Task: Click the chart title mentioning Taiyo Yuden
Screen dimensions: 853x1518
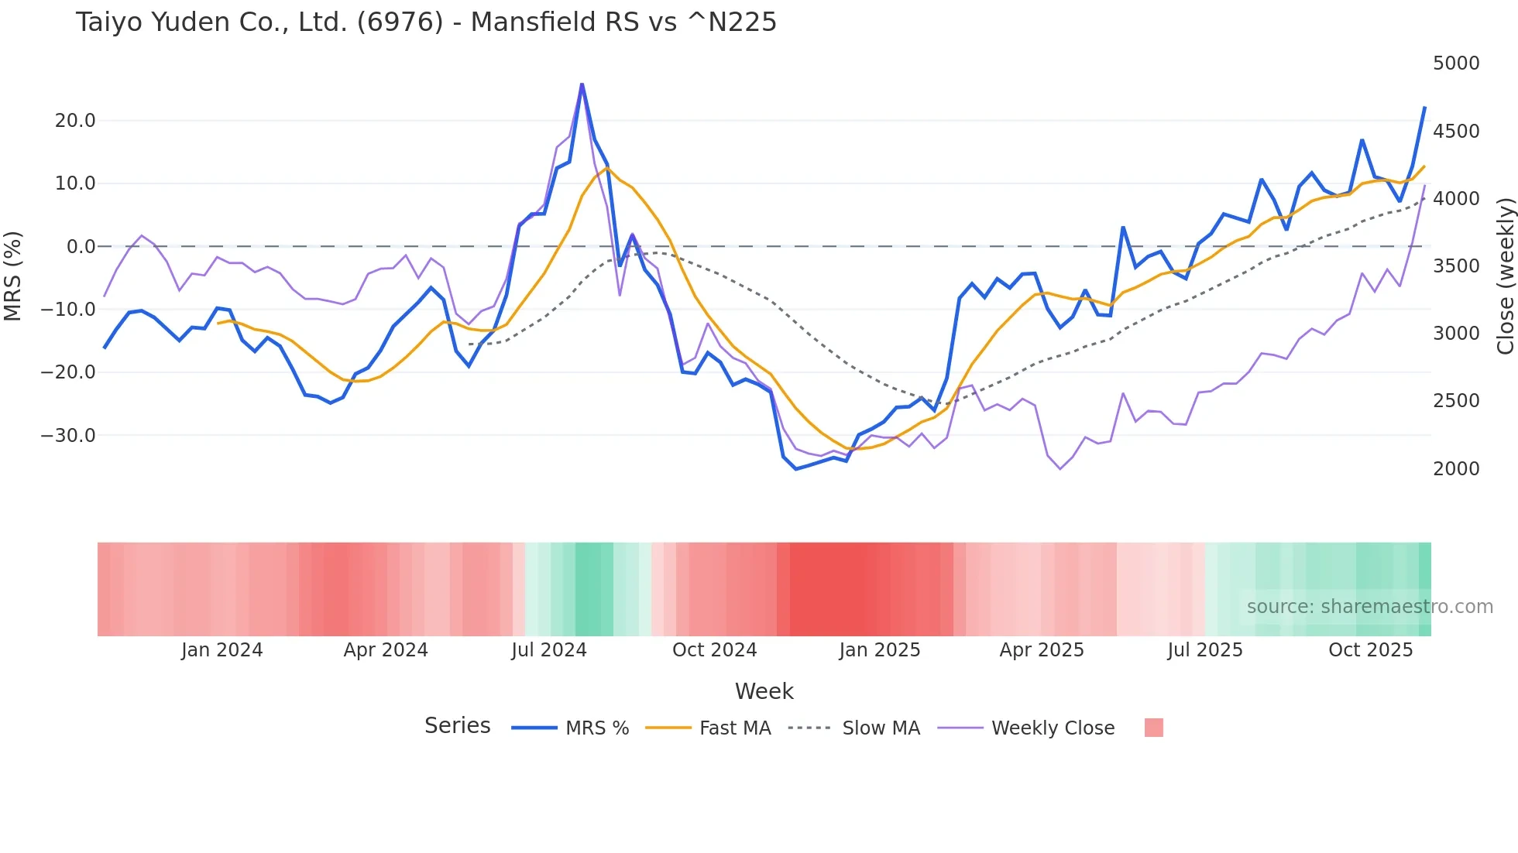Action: [426, 22]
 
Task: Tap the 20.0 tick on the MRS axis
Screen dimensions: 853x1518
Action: [75, 121]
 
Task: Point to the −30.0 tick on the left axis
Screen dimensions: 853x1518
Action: [68, 436]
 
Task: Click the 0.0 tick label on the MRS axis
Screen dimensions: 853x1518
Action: [81, 247]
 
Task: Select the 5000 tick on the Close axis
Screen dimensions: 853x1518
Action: [1456, 63]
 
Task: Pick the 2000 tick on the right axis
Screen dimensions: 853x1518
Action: [1456, 469]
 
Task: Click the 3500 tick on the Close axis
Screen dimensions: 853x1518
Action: [1456, 266]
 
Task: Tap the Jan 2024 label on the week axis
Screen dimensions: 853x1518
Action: [222, 650]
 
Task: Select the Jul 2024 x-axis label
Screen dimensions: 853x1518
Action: [548, 650]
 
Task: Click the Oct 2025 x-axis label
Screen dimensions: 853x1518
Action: [1370, 650]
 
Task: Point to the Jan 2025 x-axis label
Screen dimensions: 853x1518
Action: [879, 650]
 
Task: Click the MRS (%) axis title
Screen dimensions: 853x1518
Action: [13, 276]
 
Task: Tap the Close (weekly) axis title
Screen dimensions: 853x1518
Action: [1505, 276]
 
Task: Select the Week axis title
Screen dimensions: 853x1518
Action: [764, 691]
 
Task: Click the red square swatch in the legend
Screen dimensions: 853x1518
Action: [1153, 728]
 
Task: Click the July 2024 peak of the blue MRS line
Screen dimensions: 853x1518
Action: [582, 84]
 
